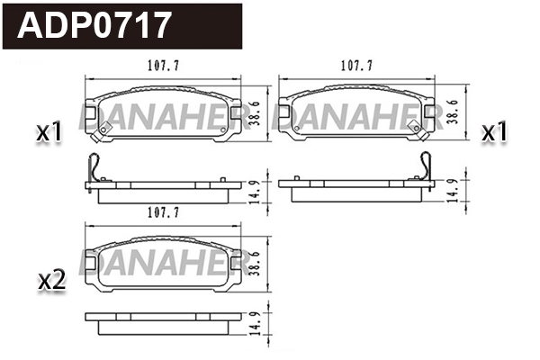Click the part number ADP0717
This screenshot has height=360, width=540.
94,24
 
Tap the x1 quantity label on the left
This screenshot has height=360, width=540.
49,133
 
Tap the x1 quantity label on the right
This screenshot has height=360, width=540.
495,133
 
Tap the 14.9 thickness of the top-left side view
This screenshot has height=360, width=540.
254,193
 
